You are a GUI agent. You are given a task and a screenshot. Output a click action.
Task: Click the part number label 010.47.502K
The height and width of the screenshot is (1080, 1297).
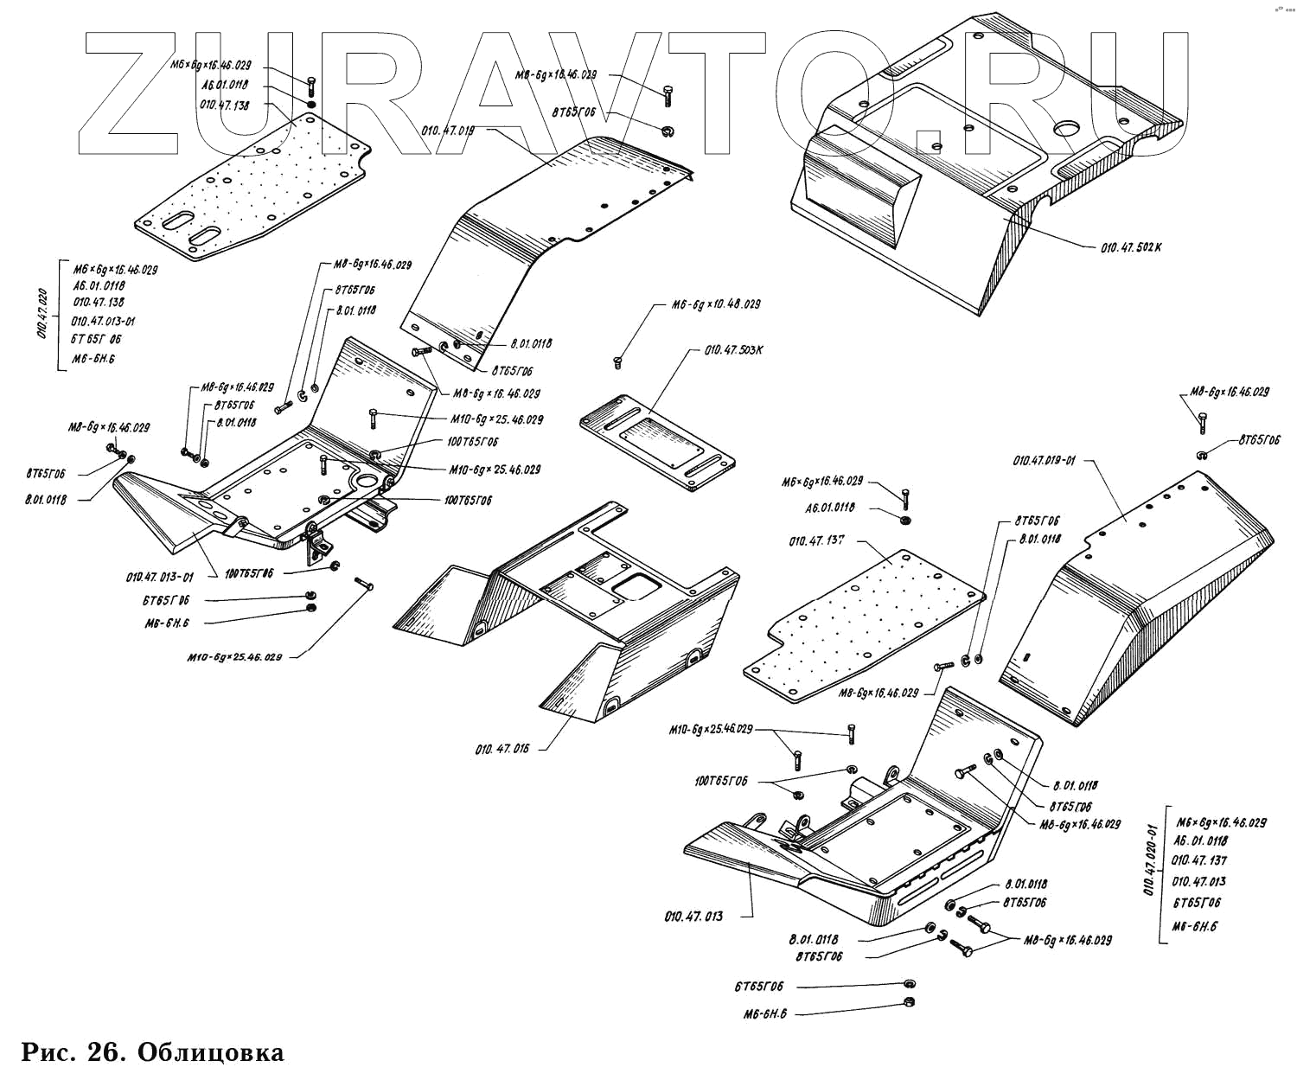[1131, 246]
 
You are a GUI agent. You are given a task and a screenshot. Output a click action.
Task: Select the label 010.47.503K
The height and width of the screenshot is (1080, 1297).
[734, 350]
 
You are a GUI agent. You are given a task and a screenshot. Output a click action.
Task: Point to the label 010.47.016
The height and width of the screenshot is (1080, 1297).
[502, 749]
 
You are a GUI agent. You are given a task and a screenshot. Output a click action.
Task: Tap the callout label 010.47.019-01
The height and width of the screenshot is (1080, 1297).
[1044, 461]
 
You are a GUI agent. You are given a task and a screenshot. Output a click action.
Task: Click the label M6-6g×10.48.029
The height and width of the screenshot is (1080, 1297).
[716, 305]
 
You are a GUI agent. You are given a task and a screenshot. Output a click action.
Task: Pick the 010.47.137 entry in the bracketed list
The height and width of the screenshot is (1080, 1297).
[1198, 860]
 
